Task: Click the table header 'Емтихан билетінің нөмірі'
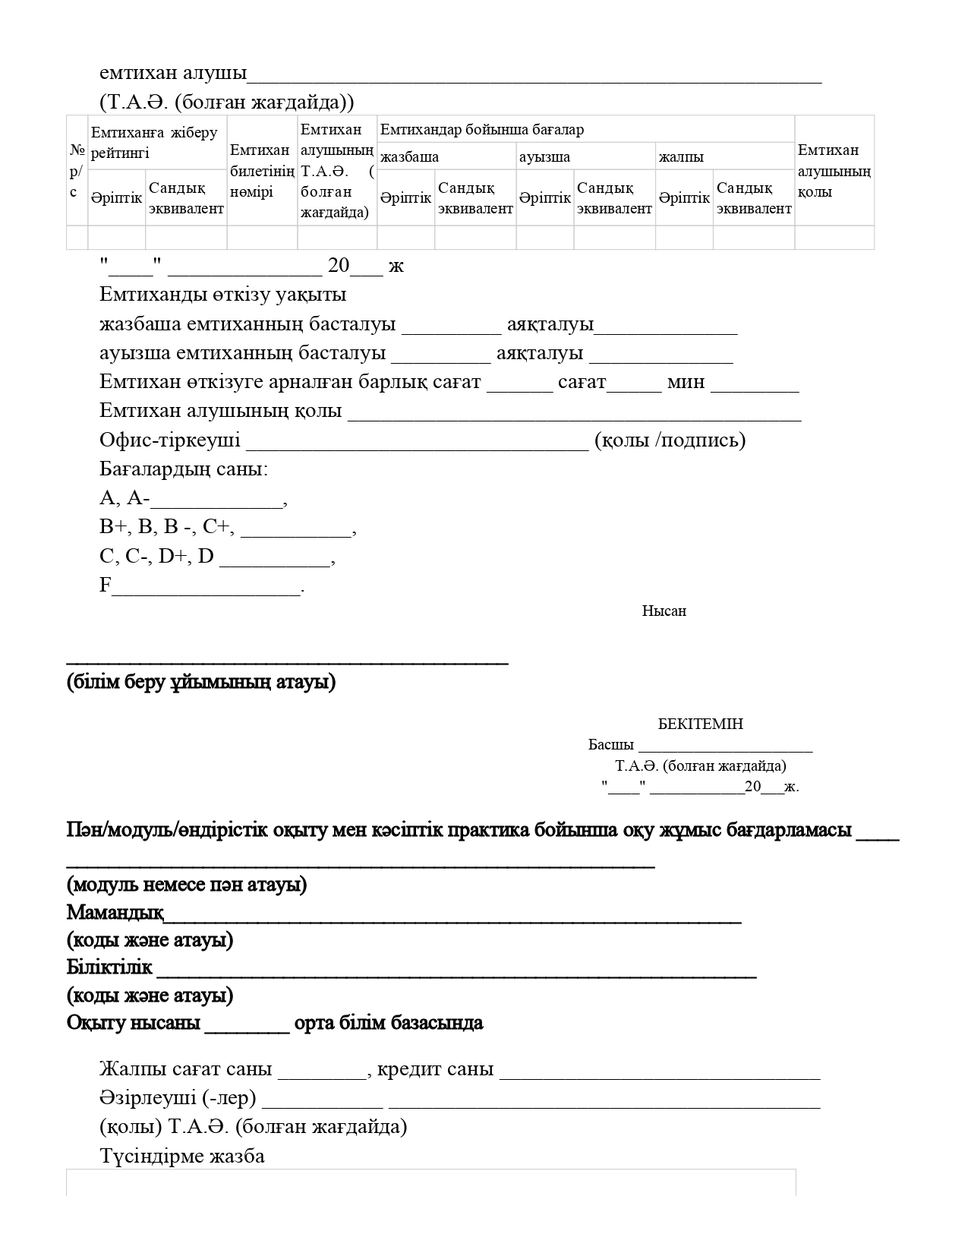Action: coord(262,171)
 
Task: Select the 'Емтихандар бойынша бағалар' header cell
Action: coord(482,130)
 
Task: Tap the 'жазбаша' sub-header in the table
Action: coord(409,157)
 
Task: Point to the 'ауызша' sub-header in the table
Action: coord(544,157)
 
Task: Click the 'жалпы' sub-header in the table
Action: coord(681,157)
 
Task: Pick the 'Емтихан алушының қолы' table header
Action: coord(834,171)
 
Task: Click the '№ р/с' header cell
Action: coord(77,171)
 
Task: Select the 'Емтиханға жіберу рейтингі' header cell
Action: coord(155,142)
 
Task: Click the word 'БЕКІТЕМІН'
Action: coord(700,724)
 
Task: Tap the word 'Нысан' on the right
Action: coord(664,611)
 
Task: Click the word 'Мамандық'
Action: coord(115,912)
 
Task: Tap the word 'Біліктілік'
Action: coord(109,967)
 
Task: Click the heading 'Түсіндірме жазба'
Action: coord(182,1157)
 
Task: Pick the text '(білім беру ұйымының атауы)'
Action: coord(201,682)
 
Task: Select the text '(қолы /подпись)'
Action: coord(670,440)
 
